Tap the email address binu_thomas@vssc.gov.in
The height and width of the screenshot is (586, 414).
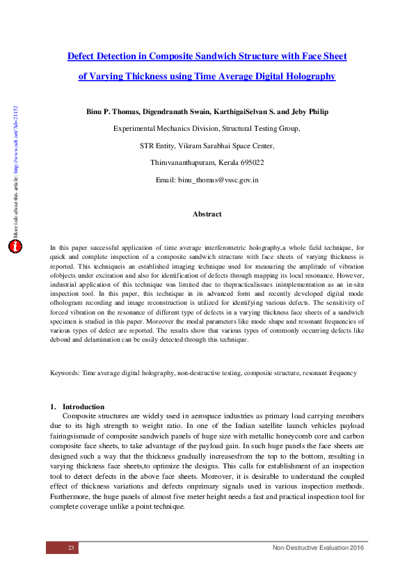(218, 180)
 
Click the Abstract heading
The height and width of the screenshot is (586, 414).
(207, 214)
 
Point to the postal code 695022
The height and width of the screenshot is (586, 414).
(249, 162)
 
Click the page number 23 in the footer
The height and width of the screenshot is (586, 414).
(70, 548)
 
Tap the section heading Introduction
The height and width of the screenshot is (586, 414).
(83, 406)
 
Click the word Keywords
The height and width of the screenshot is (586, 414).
(65, 373)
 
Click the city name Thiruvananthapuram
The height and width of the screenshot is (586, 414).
(184, 162)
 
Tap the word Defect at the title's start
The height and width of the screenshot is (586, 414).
(81, 56)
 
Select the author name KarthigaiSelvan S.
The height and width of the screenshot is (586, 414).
(247, 111)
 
